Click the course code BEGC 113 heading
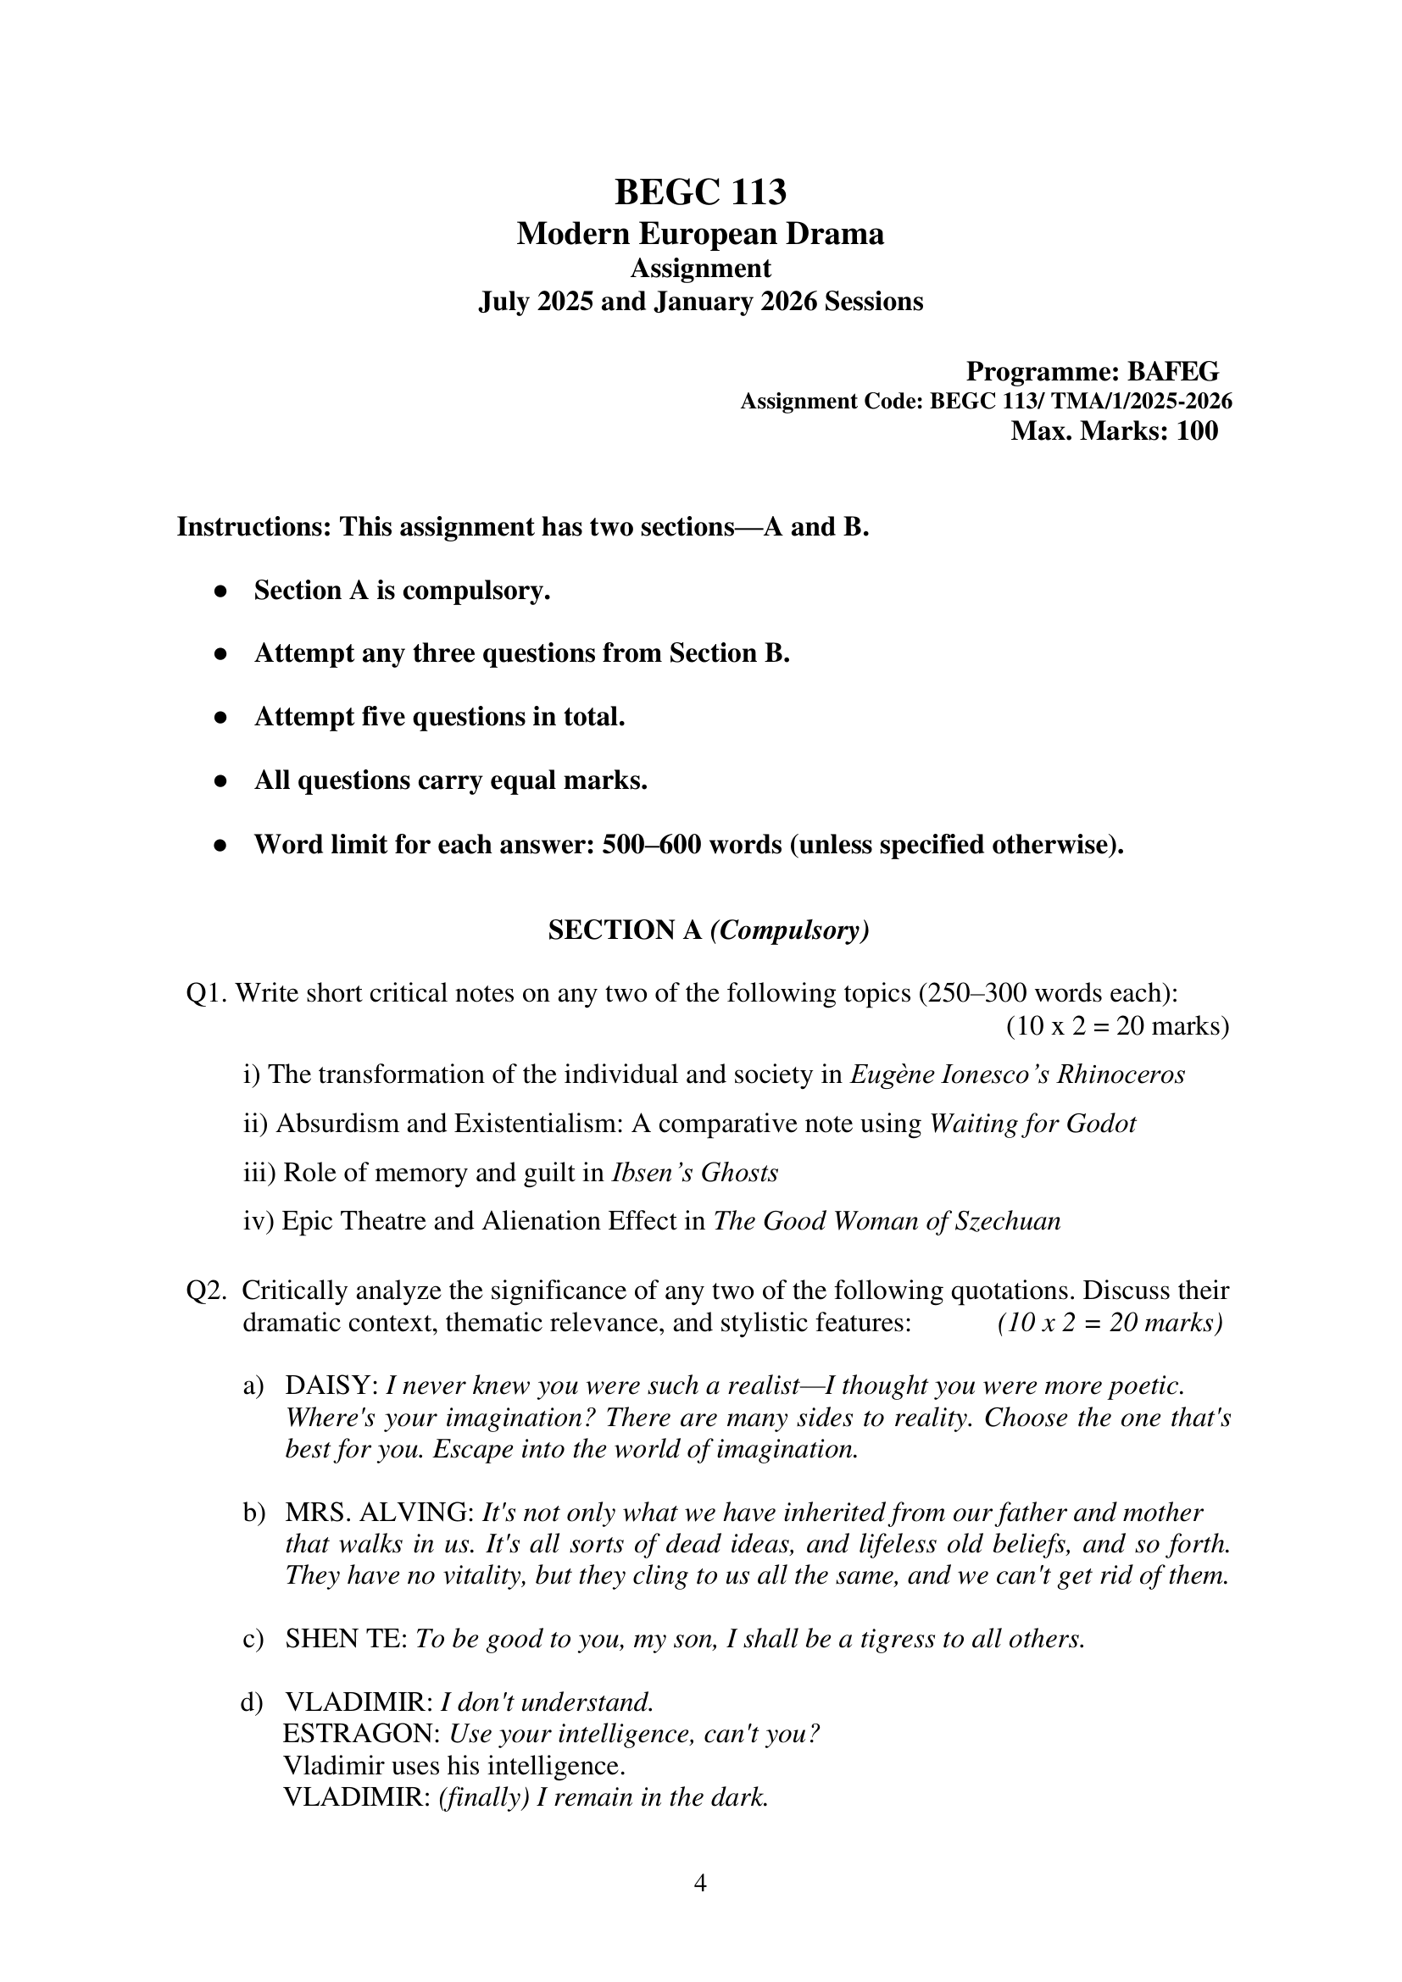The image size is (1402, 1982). coord(700,192)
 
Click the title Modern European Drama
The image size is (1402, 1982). coord(700,234)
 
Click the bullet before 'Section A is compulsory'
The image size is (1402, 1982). coord(221,592)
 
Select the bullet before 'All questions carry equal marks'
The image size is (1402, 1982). coord(221,782)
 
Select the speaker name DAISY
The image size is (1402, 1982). coord(331,1386)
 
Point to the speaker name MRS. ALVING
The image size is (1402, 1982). coord(380,1513)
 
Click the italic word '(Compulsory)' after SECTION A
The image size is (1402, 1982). coord(789,930)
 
